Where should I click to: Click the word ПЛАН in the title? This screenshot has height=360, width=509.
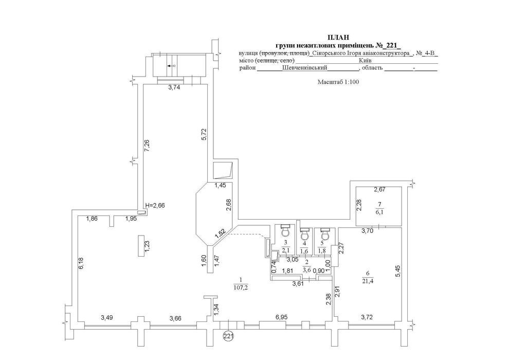338,38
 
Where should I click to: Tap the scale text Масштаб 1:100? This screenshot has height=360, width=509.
338,82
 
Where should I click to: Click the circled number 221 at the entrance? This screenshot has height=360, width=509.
229,335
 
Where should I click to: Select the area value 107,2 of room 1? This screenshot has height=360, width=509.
240,287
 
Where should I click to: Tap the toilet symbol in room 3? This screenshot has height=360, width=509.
285,230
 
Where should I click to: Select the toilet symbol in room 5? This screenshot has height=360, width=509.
325,232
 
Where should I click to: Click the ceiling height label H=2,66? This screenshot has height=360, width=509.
155,205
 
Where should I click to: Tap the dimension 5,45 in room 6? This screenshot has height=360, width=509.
398,272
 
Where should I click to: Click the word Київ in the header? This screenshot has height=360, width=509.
365,61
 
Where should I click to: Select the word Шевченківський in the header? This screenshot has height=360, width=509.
304,68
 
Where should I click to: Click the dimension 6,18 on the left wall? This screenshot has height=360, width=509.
81,263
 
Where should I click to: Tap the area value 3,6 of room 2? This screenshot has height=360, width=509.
307,269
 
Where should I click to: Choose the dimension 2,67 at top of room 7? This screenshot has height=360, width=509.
379,190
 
